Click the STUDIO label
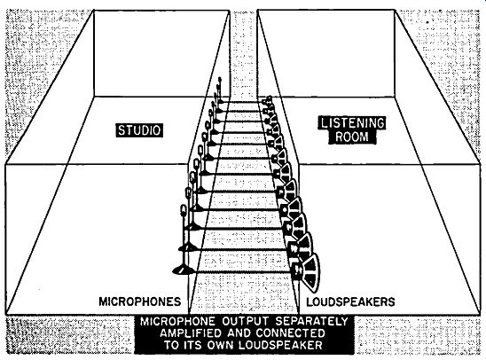[x=139, y=130]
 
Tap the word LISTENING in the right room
[x=353, y=123]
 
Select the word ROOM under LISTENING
[x=352, y=137]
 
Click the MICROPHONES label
[x=140, y=301]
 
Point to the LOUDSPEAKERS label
[x=350, y=301]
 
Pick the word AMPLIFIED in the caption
[x=191, y=333]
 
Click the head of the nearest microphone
[x=184, y=210]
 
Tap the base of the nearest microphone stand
[x=184, y=270]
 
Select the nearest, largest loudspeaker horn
[x=310, y=272]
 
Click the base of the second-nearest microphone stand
[x=188, y=247]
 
